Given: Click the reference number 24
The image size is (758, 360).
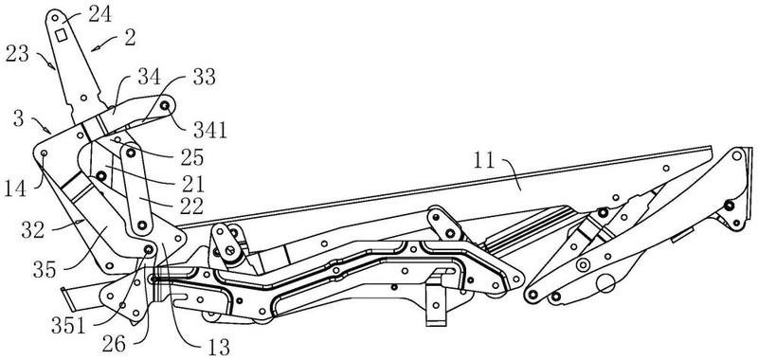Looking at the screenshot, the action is [101, 14].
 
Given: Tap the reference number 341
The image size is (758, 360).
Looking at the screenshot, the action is [209, 130].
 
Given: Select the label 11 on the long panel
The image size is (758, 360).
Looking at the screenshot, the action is [484, 161].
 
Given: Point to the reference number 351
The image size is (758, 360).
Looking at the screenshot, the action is [68, 327].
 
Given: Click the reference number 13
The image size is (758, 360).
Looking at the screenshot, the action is [217, 347].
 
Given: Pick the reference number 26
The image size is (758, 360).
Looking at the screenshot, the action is [114, 345].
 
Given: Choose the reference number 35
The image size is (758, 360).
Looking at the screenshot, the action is [45, 269].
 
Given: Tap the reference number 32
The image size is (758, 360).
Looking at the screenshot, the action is [33, 231].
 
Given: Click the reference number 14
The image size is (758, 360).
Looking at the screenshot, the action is [16, 188].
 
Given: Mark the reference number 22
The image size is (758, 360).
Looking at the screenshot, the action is [191, 206].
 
